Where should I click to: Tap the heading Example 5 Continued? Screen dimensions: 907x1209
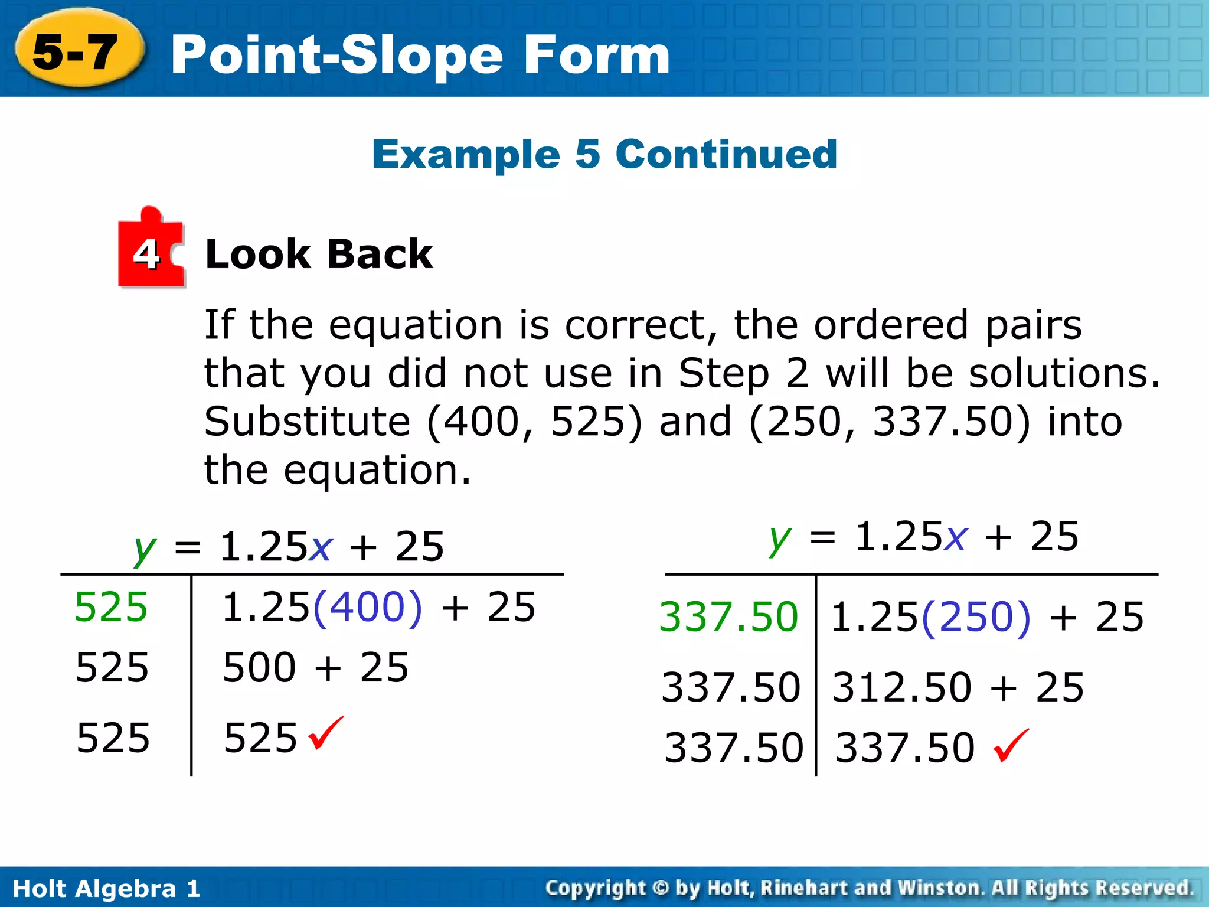click(x=604, y=154)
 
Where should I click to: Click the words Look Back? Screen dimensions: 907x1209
click(x=319, y=255)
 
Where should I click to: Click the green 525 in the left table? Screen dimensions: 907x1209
click(x=111, y=607)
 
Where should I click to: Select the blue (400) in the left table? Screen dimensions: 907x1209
click(x=368, y=607)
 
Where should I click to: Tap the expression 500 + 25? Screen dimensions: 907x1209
click(x=315, y=668)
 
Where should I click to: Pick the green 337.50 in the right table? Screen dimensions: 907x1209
click(x=728, y=617)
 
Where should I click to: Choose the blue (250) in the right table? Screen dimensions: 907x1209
click(x=976, y=617)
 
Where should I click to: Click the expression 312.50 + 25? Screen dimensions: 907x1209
click(x=958, y=687)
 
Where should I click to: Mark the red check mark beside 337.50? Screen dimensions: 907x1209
click(x=1011, y=745)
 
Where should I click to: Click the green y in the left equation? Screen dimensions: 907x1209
click(x=145, y=549)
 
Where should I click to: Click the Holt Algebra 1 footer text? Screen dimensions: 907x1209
click(x=106, y=889)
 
